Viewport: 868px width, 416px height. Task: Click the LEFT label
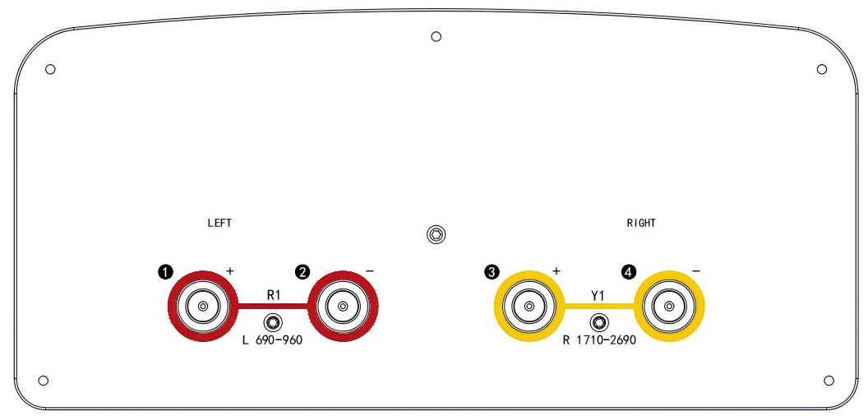[x=219, y=223]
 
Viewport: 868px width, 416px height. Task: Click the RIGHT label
[x=641, y=223]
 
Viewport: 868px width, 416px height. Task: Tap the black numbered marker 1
[x=165, y=272]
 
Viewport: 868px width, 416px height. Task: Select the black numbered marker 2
[x=302, y=272]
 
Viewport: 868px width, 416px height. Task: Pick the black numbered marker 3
[x=492, y=272]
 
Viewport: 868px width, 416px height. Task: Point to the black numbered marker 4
[x=629, y=272]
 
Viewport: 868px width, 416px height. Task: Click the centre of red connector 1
[x=203, y=307]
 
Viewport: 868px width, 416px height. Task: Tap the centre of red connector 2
[x=343, y=307]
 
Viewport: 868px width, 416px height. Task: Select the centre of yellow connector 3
[x=529, y=307]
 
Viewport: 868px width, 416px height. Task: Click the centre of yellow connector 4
[x=669, y=307]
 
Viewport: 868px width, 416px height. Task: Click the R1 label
[x=274, y=295]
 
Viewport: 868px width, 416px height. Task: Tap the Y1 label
[x=598, y=296]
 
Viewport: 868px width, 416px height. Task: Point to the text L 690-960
[x=272, y=340]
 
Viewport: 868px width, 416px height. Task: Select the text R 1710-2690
[x=599, y=340]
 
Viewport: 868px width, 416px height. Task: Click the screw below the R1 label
[x=273, y=322]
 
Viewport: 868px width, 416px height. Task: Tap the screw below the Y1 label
[x=598, y=322]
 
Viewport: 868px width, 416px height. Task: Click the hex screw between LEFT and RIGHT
[x=436, y=234]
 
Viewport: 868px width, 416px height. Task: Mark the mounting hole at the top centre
[x=436, y=36]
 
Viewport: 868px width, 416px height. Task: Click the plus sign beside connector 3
[x=556, y=270]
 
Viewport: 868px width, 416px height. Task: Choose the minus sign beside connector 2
[x=370, y=270]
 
